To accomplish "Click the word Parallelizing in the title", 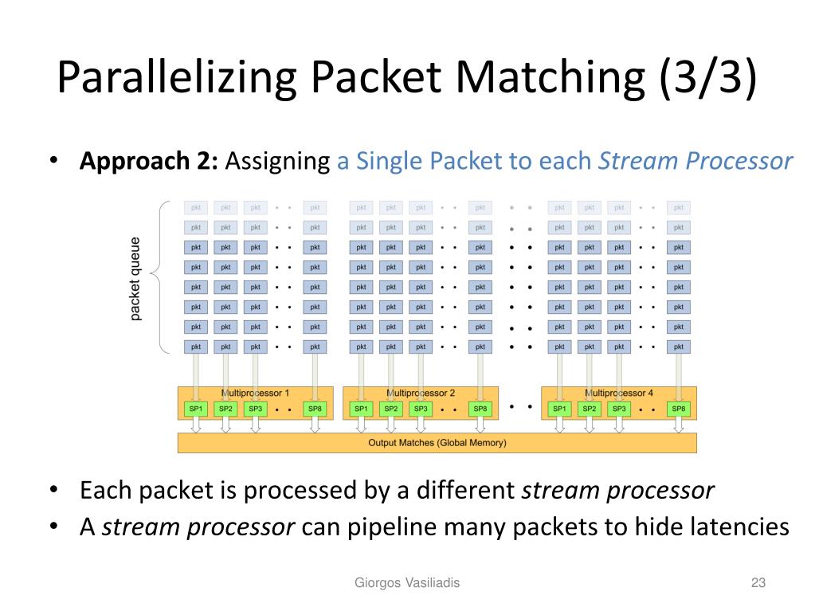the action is click(177, 77).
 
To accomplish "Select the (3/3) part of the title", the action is click(708, 77).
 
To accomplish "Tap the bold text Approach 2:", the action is click(148, 162).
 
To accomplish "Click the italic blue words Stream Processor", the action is click(695, 161).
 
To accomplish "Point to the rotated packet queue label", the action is click(135, 279).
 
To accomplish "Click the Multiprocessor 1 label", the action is click(255, 394).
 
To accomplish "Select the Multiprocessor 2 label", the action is click(421, 394).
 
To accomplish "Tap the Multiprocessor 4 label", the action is click(618, 394).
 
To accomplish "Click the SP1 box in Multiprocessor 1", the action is click(196, 409).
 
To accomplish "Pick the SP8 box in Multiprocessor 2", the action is click(480, 409).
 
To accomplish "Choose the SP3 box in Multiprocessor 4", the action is click(619, 409).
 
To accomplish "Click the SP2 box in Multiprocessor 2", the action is click(391, 409).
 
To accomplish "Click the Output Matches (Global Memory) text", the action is click(437, 443).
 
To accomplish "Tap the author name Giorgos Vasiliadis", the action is click(407, 582).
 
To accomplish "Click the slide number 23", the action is click(758, 582).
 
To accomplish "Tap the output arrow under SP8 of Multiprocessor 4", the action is click(679, 425).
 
